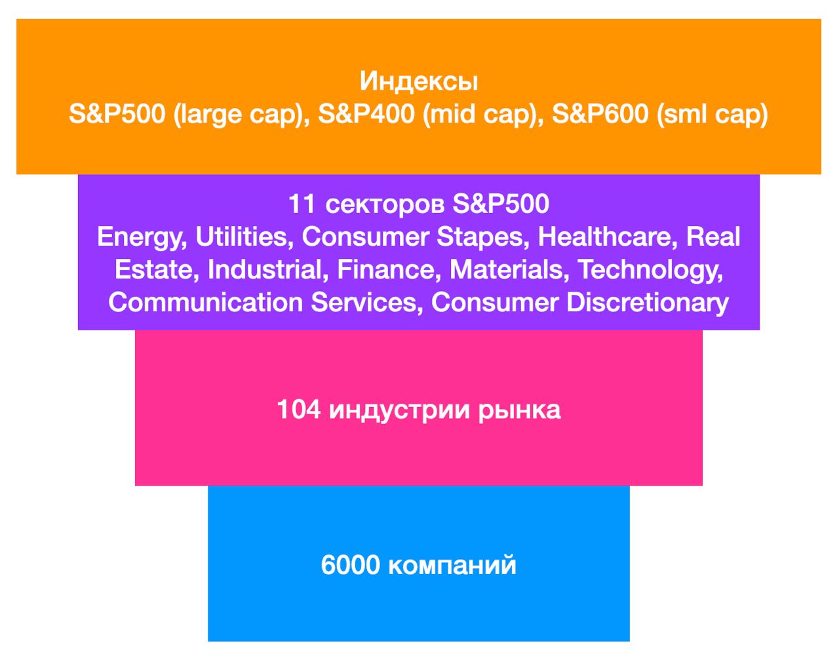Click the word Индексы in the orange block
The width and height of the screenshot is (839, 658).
[419, 82]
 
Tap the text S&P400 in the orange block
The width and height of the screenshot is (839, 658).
[366, 114]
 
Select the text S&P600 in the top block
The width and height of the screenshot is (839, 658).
[600, 114]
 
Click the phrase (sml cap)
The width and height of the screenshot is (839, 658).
[712, 115]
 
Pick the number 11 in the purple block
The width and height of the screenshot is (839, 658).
[302, 204]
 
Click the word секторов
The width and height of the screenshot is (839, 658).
[385, 204]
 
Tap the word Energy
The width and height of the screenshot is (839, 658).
[142, 237]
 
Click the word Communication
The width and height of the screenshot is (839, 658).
[205, 302]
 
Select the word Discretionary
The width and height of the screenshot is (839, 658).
[648, 303]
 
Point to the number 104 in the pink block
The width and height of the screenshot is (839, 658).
[299, 410]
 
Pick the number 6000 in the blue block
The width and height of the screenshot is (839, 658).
[350, 565]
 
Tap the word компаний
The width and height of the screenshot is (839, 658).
[452, 565]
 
